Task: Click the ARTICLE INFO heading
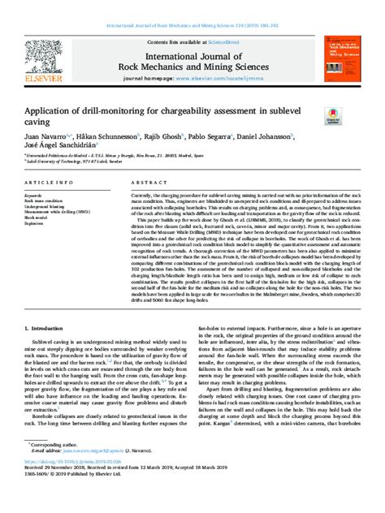click(x=47, y=185)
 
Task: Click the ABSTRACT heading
click(x=146, y=185)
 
